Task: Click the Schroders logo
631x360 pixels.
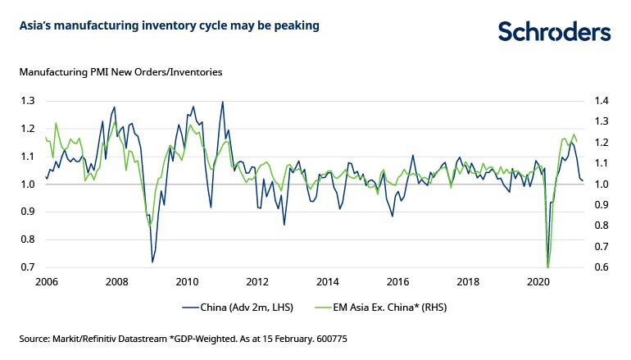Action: click(x=555, y=31)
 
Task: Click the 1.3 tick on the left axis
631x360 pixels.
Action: click(x=27, y=101)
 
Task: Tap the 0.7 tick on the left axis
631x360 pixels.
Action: click(x=27, y=267)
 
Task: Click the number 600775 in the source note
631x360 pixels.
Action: click(x=331, y=338)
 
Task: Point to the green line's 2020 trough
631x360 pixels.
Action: click(x=547, y=267)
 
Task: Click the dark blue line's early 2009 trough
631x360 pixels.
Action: click(x=152, y=262)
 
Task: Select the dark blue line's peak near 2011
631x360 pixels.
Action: click(x=222, y=102)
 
